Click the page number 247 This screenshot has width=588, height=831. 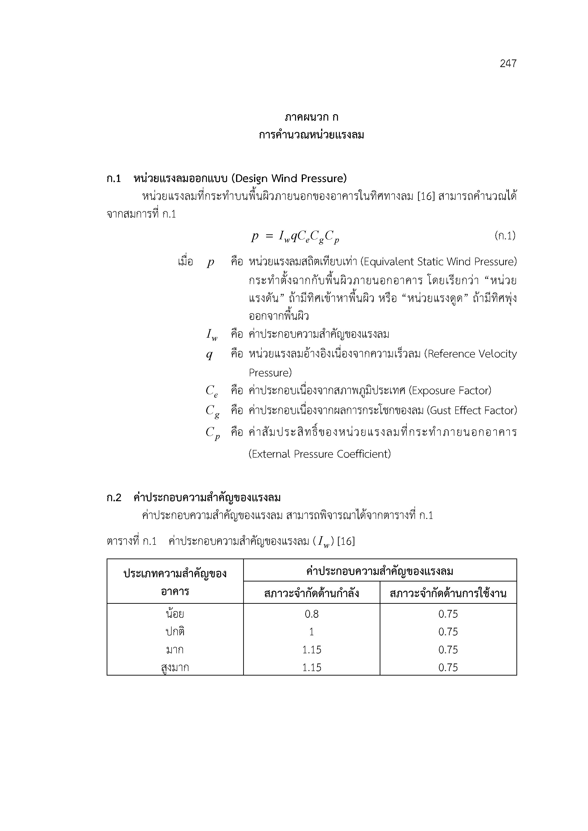pyautogui.click(x=508, y=64)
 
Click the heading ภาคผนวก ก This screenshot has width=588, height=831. pyautogui.click(x=311, y=117)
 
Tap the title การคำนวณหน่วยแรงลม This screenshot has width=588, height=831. pyautogui.click(x=311, y=135)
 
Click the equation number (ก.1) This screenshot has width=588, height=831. pyautogui.click(x=505, y=236)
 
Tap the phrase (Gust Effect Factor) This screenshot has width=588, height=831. pyautogui.click(x=471, y=410)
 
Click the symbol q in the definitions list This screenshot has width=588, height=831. pyautogui.click(x=209, y=354)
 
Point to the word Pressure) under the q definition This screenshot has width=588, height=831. pyautogui.click(x=270, y=373)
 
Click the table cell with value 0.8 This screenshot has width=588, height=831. pyautogui.click(x=311, y=614)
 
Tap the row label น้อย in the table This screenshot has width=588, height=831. pyautogui.click(x=175, y=614)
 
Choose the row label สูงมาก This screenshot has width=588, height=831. pyautogui.click(x=175, y=668)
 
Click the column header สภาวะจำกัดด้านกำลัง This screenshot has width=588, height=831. pyautogui.click(x=311, y=594)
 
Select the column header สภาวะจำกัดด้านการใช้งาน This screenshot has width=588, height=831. pyautogui.click(x=448, y=594)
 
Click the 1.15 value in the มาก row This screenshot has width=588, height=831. pyautogui.click(x=311, y=650)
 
